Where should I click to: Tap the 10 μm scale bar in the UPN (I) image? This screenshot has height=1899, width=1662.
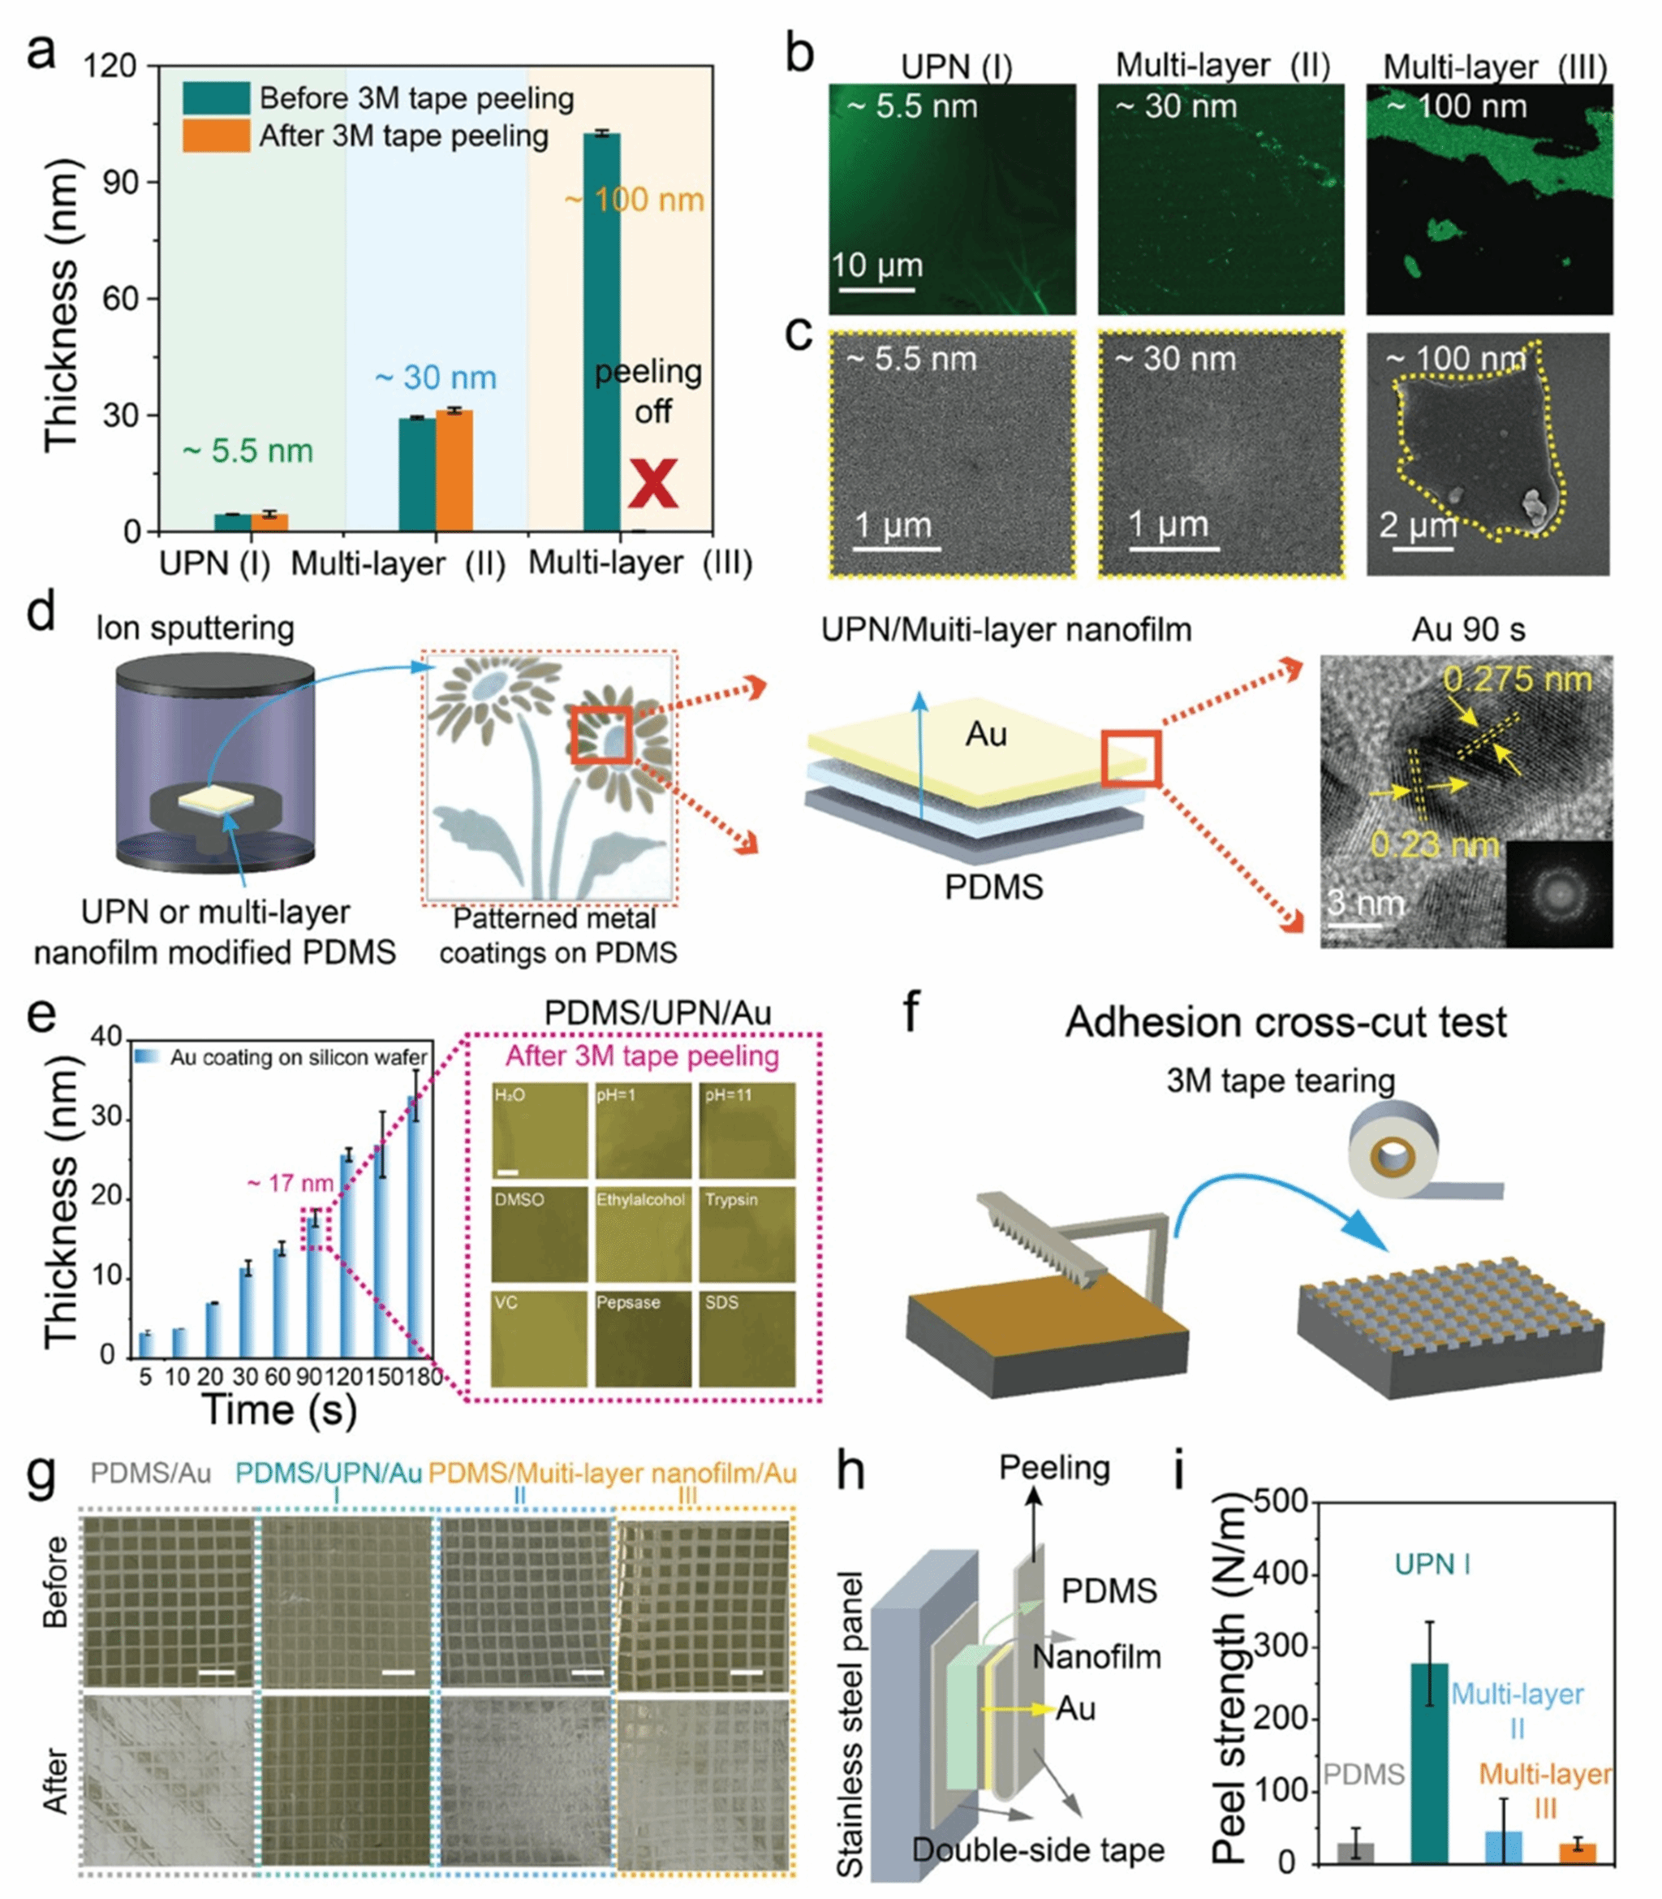(x=876, y=291)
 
